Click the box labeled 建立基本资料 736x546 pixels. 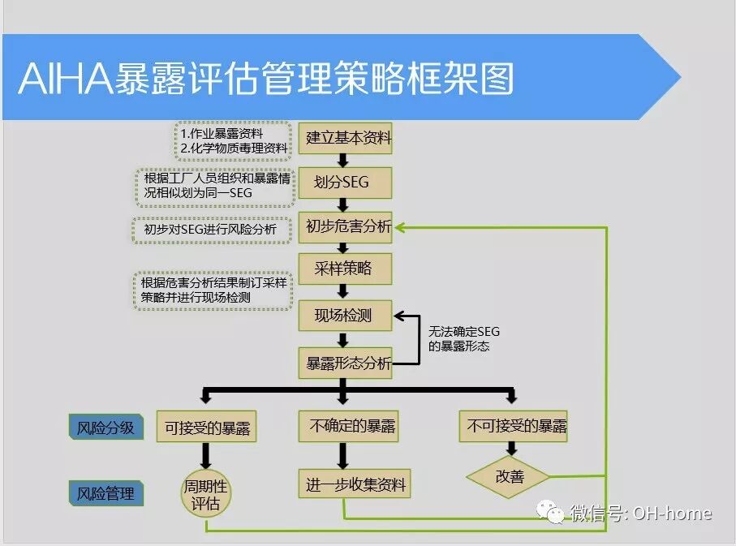348,138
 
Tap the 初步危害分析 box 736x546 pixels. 348,227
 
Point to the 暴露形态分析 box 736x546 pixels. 348,363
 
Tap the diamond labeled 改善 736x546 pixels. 510,476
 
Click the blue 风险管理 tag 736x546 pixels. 105,492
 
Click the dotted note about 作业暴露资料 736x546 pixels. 233,141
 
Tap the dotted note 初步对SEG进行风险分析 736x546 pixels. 210,230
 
